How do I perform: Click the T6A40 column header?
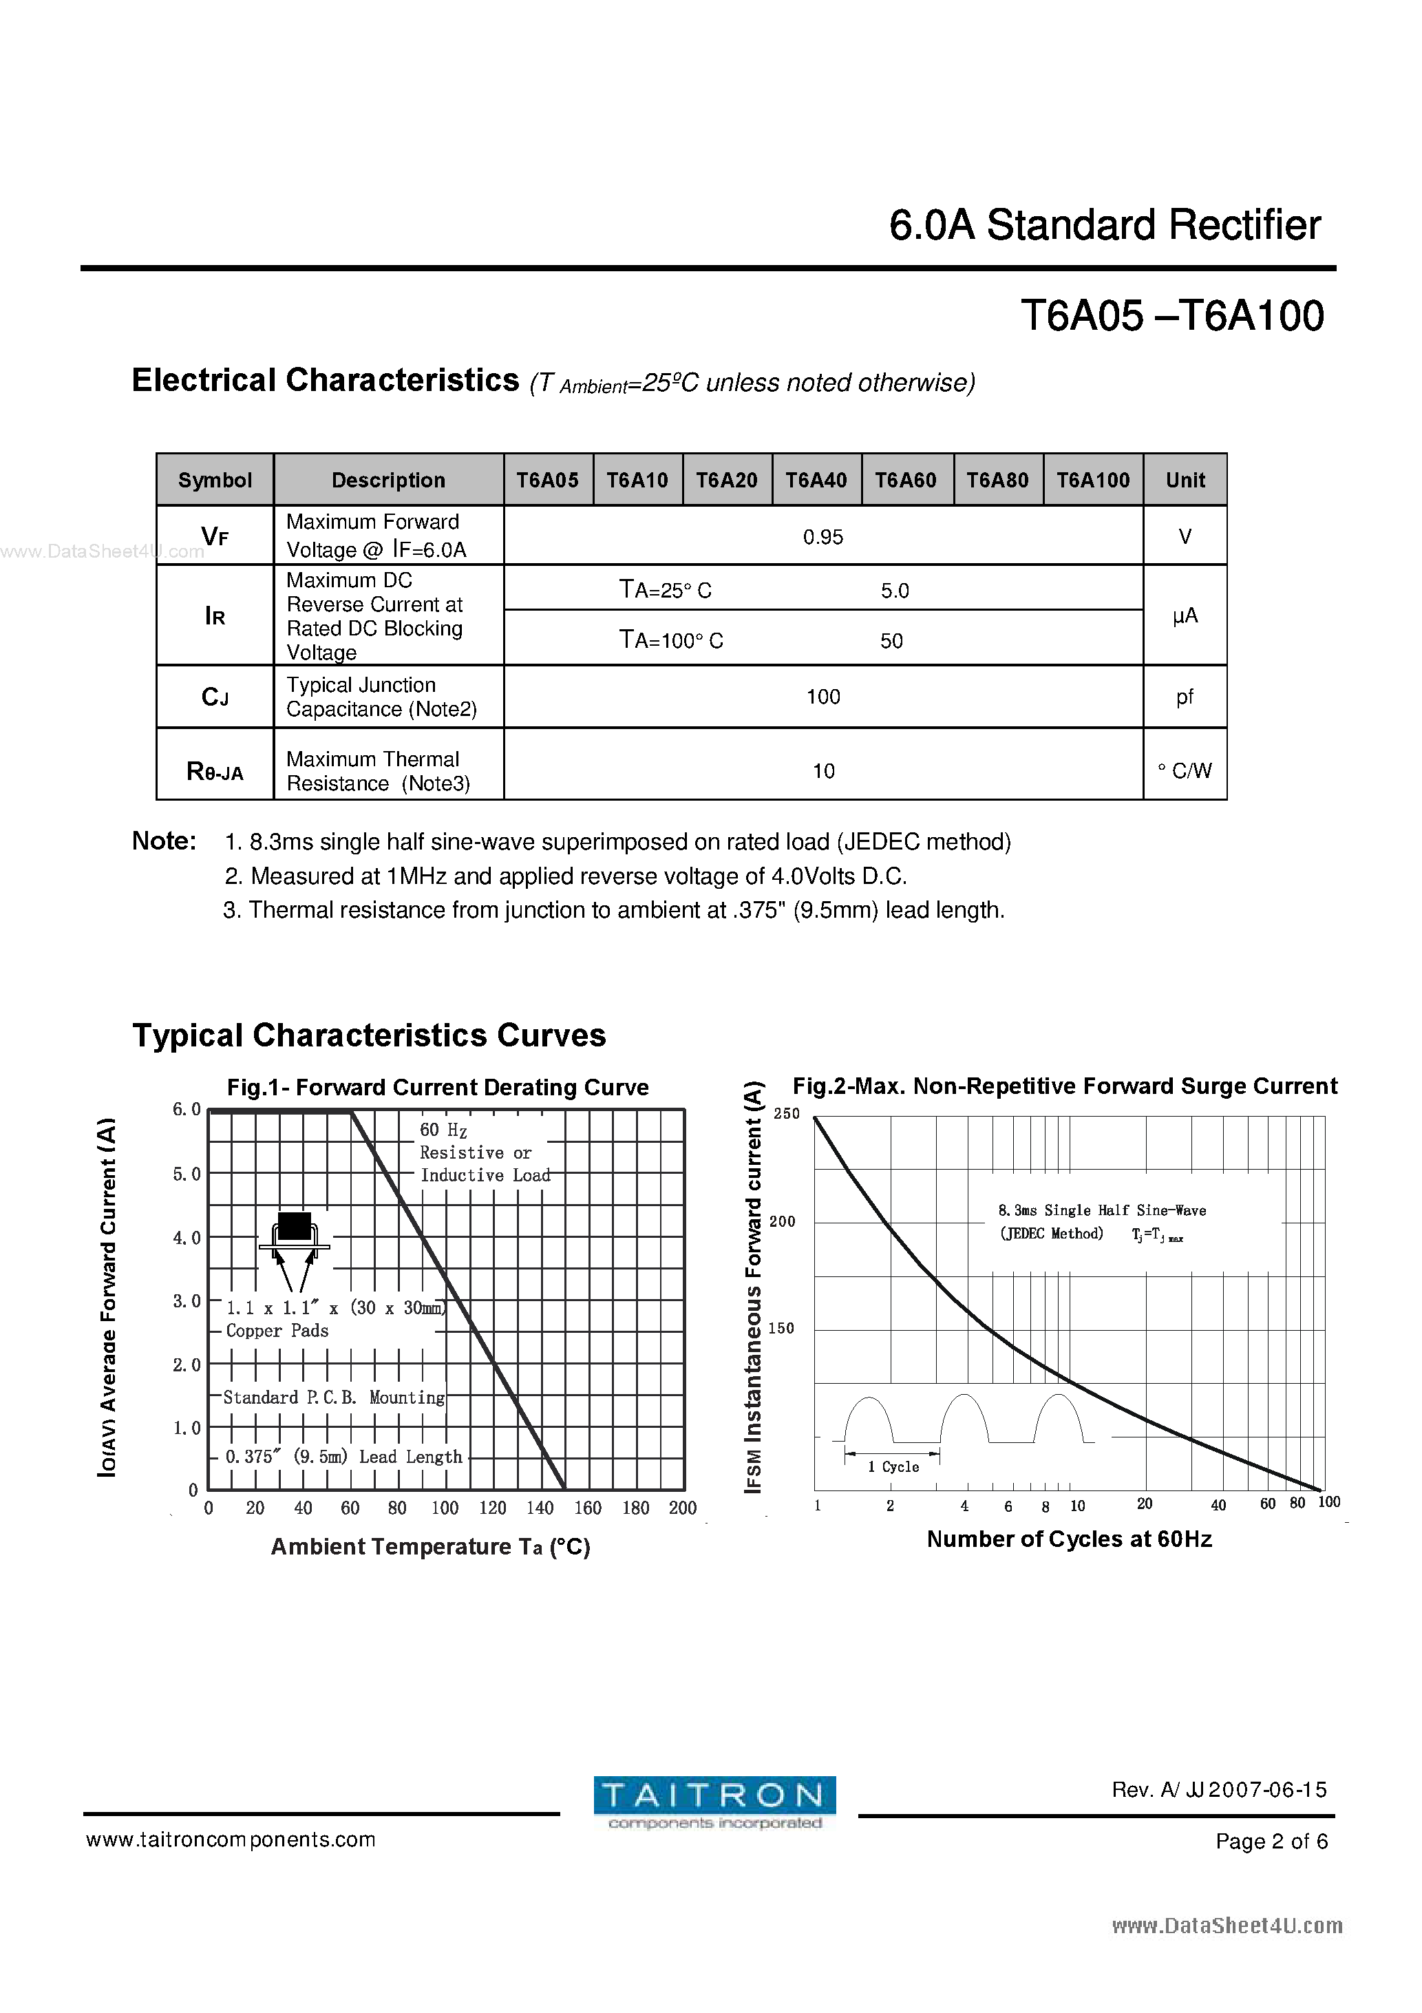tap(816, 480)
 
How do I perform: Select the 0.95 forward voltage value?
tap(823, 536)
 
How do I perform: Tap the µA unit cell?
tap(1185, 615)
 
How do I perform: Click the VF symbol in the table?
tap(215, 536)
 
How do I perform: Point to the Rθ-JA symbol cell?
tap(215, 772)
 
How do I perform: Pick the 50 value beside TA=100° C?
tap(891, 641)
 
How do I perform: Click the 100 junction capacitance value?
tap(823, 697)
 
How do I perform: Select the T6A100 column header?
tap(1092, 480)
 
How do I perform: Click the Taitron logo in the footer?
tap(714, 1802)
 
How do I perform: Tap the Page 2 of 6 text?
tap(1271, 1841)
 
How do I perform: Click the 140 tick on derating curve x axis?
tap(540, 1508)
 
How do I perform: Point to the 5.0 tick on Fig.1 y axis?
tap(187, 1174)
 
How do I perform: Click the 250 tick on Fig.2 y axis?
tap(787, 1113)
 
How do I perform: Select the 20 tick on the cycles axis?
tap(1144, 1504)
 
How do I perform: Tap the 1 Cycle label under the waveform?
tap(893, 1467)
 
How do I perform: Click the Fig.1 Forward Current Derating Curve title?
tap(438, 1087)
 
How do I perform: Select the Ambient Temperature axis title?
tap(429, 1546)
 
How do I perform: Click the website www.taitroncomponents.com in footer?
tap(231, 1840)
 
